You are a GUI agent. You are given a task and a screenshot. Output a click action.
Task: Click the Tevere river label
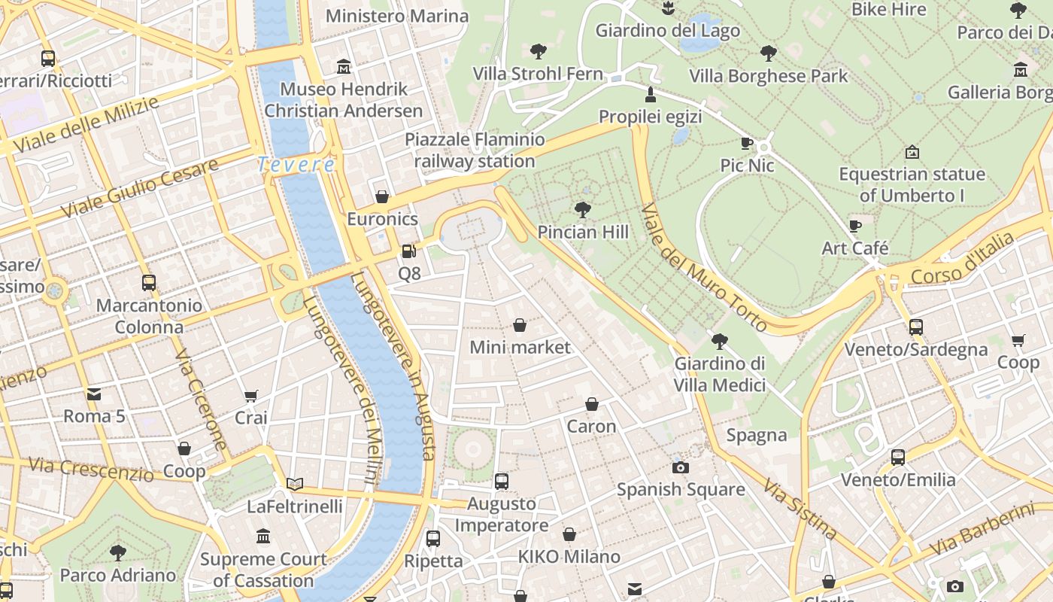[x=296, y=164]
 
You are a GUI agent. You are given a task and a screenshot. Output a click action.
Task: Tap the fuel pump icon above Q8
[x=408, y=251]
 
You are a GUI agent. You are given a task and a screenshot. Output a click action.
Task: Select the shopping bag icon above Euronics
[x=382, y=197]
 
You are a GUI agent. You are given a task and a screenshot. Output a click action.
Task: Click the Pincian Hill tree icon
[x=582, y=210]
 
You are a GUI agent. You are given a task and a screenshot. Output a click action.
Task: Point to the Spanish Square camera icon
[x=681, y=467]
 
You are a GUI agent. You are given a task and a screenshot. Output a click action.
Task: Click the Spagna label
[x=757, y=435]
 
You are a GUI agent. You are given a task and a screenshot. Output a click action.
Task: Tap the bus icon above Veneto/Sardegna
[x=915, y=327]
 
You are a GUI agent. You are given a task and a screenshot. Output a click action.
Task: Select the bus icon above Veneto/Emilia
[x=897, y=458]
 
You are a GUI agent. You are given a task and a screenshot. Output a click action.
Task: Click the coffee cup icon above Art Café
[x=854, y=226]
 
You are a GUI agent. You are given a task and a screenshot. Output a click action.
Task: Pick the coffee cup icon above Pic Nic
[x=747, y=143]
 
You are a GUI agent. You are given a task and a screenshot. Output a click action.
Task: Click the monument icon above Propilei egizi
[x=651, y=95]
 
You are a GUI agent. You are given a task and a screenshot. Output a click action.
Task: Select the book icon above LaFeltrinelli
[x=295, y=484]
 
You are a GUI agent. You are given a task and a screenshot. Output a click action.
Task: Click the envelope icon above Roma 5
[x=94, y=394]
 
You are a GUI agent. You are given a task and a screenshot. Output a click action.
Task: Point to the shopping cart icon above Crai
[x=251, y=396]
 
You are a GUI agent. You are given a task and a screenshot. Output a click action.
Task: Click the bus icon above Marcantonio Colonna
[x=149, y=283]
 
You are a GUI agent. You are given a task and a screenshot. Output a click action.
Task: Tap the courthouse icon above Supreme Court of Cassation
[x=263, y=537]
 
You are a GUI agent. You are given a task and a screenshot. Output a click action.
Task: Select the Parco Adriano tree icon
[x=117, y=553]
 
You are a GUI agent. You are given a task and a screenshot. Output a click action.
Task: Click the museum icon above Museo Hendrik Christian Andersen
[x=344, y=66]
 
